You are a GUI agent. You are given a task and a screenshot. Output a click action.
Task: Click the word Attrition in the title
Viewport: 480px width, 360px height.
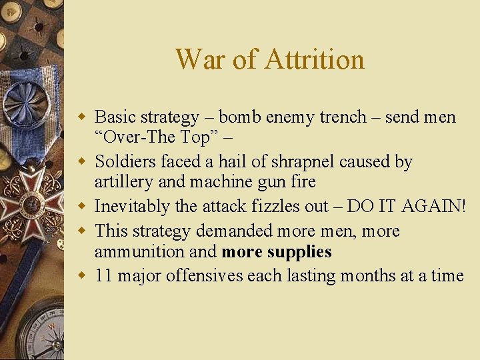coord(315,59)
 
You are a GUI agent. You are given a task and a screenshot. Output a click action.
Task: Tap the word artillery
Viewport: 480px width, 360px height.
coord(119,182)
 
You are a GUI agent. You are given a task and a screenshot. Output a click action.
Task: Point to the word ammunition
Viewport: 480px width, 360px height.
coord(137,251)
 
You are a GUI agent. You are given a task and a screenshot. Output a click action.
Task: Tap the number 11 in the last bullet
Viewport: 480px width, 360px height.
coord(103,275)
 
